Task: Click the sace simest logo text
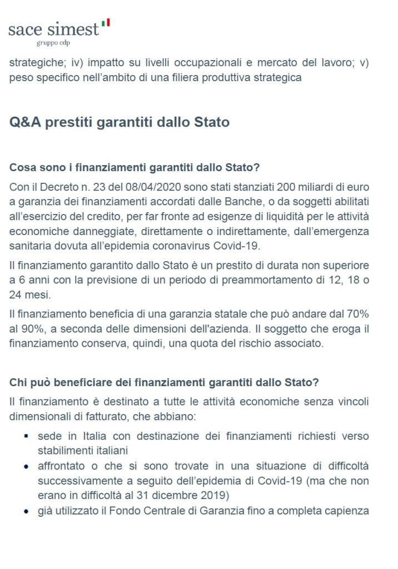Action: [53, 29]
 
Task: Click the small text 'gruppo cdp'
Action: [53, 42]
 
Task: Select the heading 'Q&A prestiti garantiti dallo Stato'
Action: [120, 122]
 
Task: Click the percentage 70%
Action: [356, 315]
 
